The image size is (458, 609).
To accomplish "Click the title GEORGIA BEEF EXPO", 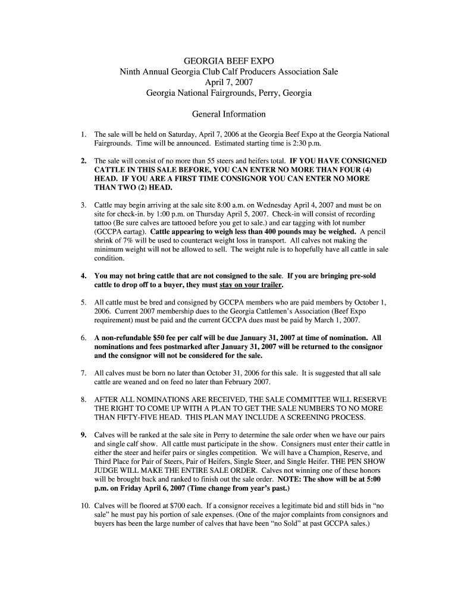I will (x=229, y=61).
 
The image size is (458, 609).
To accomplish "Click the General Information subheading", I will (x=229, y=114).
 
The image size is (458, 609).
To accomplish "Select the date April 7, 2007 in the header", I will (x=229, y=83).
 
